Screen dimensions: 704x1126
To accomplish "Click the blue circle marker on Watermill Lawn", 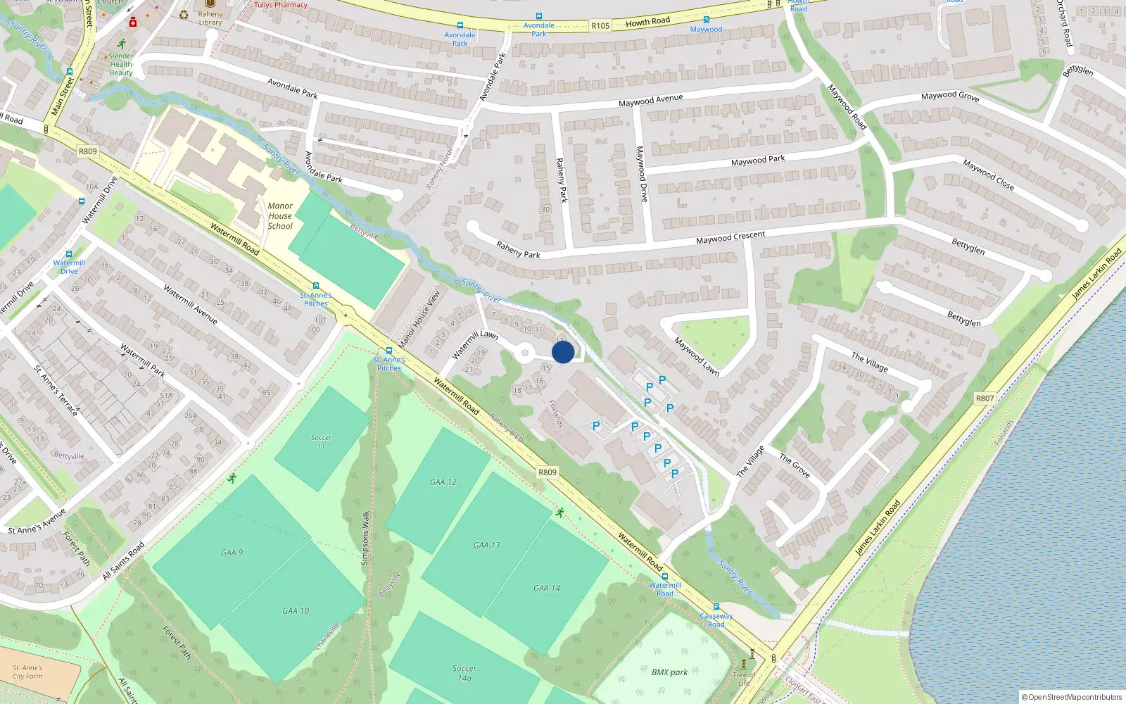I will (x=563, y=352).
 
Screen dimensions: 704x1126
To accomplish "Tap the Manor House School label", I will (x=280, y=216).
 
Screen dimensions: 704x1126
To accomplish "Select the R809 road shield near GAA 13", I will (x=548, y=472).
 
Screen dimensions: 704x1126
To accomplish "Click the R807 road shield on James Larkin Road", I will (x=985, y=398).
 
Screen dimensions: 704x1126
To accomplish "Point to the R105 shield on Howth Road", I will (x=600, y=26).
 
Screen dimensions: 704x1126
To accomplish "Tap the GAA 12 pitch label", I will (x=443, y=482).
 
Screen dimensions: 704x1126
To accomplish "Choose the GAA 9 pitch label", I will (x=232, y=553).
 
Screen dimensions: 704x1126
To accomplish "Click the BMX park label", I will (x=669, y=672).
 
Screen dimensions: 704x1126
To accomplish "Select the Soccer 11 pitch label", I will (x=322, y=441).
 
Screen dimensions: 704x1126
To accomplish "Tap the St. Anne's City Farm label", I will (x=27, y=672).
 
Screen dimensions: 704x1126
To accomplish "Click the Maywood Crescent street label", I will (x=730, y=237).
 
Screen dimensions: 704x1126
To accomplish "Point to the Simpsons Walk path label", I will (x=365, y=538).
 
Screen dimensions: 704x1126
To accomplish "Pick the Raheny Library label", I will (x=210, y=18).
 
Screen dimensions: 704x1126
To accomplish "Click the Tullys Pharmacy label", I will (x=281, y=5).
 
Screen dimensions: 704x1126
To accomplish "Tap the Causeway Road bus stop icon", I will (x=716, y=607).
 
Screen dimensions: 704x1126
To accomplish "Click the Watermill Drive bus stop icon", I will (x=69, y=254).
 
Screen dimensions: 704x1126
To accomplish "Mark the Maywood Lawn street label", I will (x=697, y=356).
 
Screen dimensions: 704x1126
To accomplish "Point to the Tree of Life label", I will (x=744, y=679).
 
